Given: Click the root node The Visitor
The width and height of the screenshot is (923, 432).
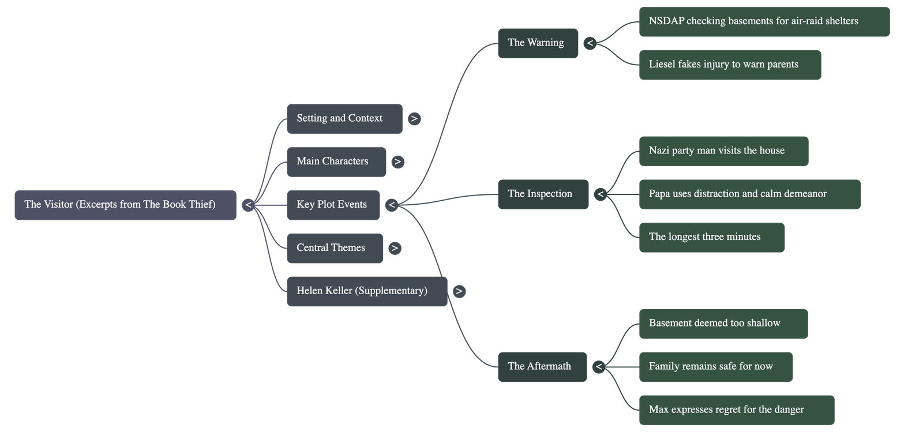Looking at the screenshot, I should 125,205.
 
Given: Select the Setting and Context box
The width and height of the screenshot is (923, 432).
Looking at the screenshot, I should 344,119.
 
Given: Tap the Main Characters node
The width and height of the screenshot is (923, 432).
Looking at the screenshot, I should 336,161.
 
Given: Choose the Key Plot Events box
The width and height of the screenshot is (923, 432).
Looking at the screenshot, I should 333,205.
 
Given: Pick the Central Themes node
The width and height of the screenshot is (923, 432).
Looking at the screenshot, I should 335,248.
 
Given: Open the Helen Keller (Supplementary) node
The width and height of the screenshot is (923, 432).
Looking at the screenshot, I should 366,291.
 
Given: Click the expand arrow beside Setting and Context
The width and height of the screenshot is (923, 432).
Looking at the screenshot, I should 414,119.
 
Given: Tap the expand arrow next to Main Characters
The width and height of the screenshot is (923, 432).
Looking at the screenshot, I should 397,162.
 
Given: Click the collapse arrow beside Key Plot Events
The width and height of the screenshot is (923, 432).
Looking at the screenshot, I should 392,205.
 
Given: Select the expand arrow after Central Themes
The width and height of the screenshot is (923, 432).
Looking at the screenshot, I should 395,248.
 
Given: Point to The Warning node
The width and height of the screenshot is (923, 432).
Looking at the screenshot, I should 537,43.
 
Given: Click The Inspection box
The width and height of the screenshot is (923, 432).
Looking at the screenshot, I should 542,194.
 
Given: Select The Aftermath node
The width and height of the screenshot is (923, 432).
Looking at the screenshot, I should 541,366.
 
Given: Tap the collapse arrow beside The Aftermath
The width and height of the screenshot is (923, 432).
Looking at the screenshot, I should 599,367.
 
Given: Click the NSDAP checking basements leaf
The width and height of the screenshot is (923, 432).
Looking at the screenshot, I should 764,22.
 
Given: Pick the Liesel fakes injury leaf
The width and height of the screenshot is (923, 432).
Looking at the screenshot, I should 729,65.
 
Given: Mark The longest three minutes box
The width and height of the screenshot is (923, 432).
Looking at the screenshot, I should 711,237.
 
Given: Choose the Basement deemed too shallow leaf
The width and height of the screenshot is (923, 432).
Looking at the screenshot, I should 723,324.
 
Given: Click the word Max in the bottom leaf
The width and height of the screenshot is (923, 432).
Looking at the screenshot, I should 659,410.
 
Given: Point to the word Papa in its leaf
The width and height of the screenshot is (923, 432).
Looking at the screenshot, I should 660,194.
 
